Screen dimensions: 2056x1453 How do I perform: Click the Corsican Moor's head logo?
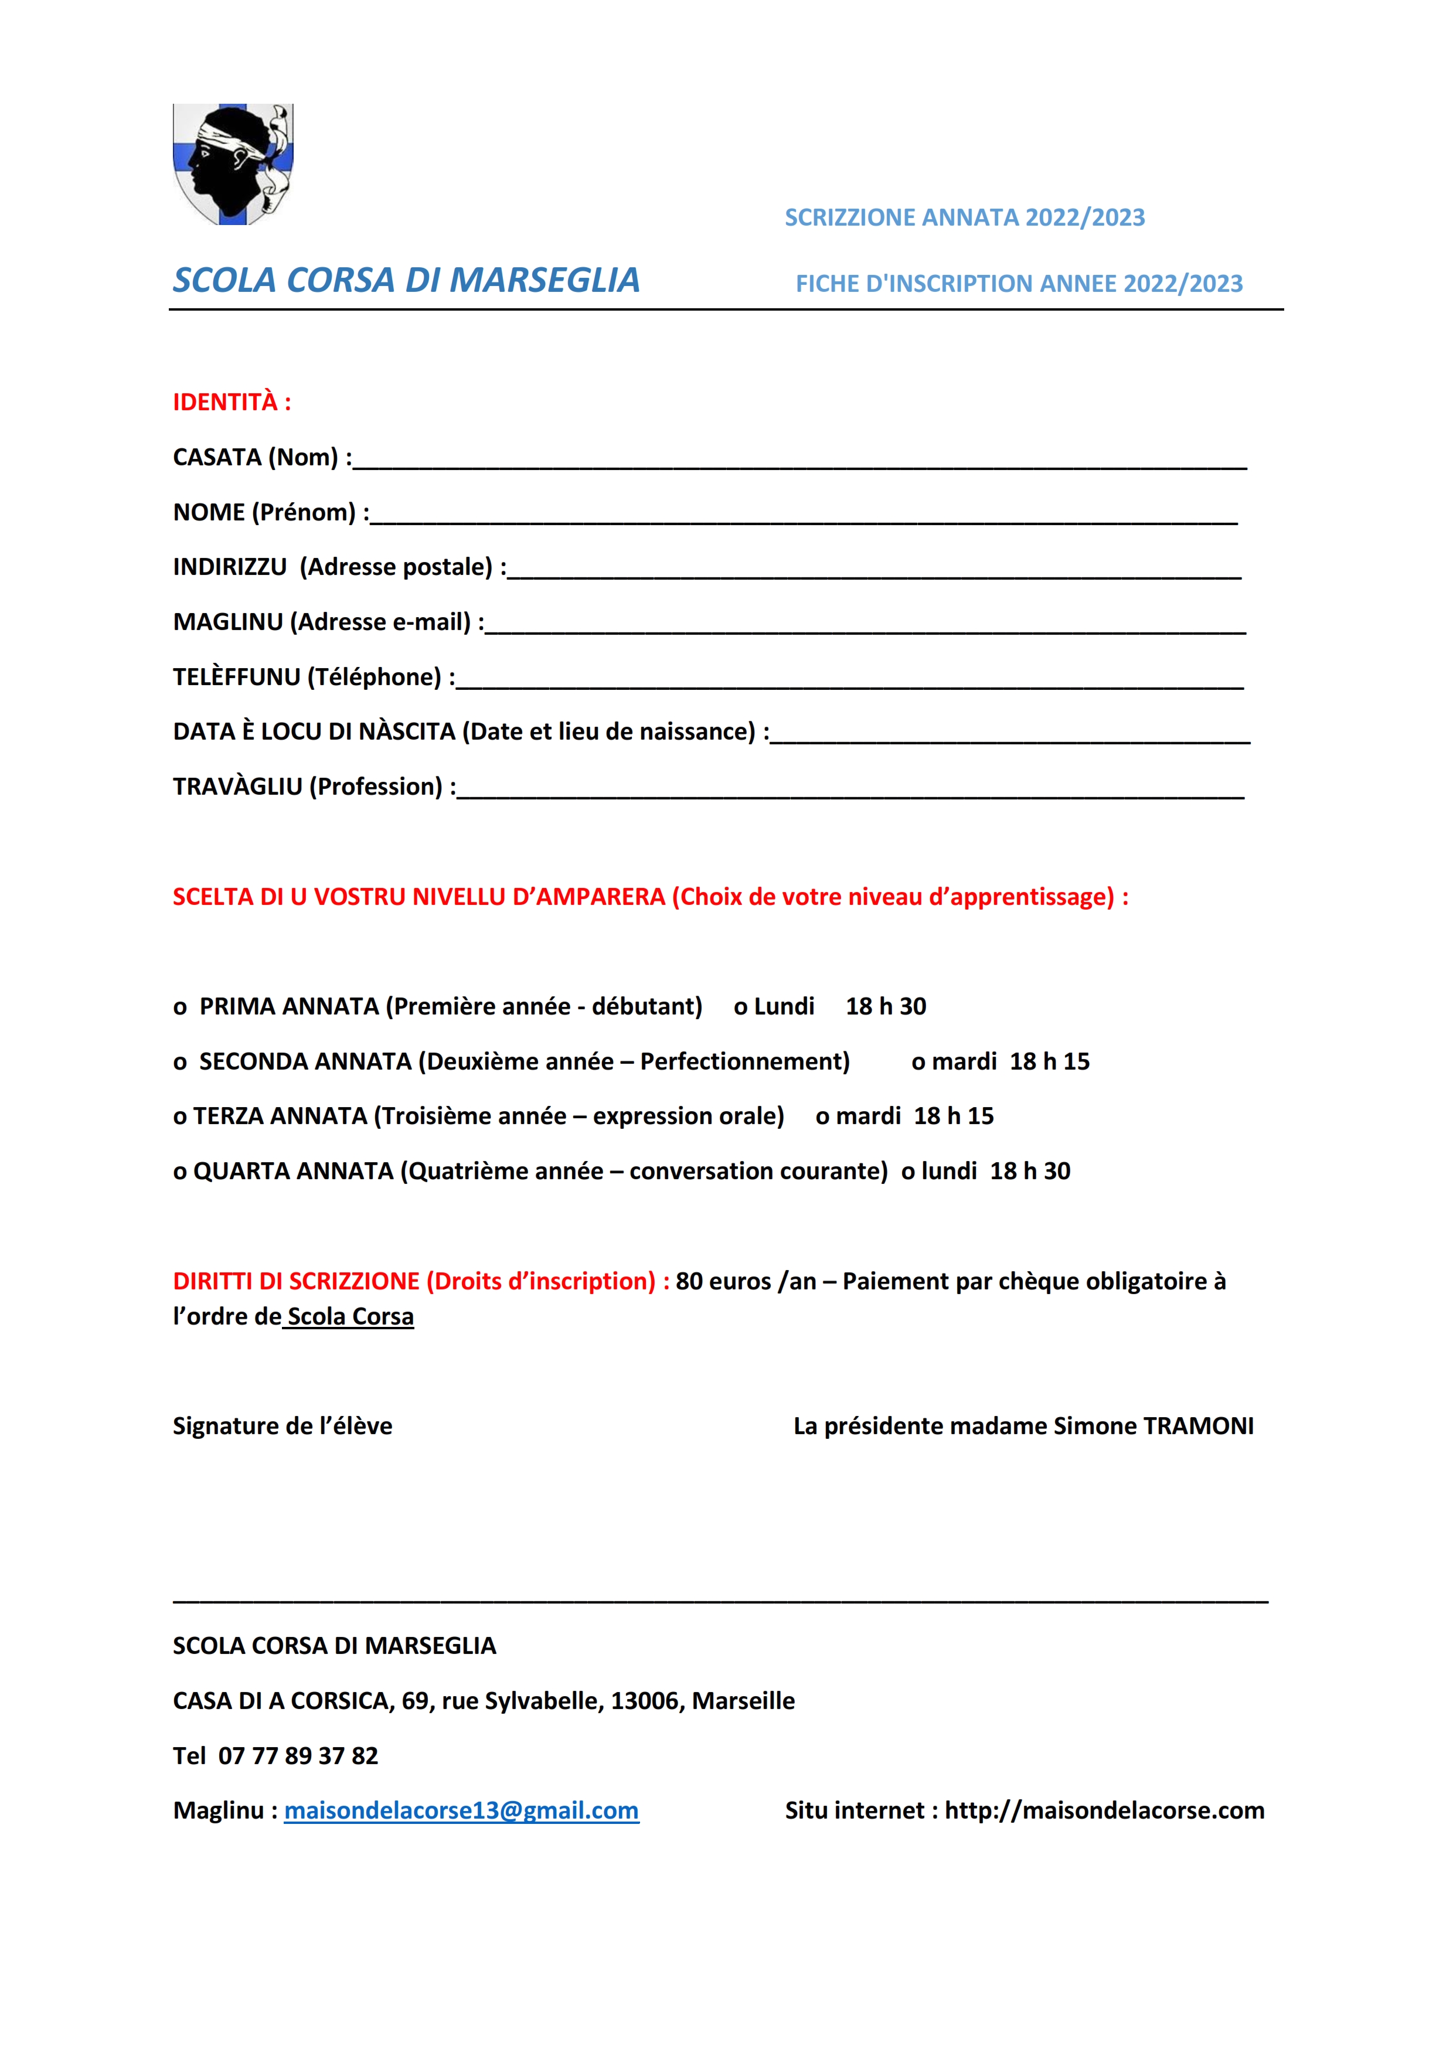(233, 164)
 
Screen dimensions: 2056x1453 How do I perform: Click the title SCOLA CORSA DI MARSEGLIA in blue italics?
(406, 280)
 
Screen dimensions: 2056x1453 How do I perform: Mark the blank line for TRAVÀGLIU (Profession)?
(850, 792)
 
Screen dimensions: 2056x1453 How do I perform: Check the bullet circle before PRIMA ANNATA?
(180, 1008)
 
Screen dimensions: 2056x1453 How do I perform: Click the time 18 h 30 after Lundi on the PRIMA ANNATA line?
(886, 1006)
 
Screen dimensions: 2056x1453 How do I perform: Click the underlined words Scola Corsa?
(350, 1316)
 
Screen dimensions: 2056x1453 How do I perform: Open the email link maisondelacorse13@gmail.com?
(461, 1810)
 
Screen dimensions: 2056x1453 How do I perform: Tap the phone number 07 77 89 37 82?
(298, 1755)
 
